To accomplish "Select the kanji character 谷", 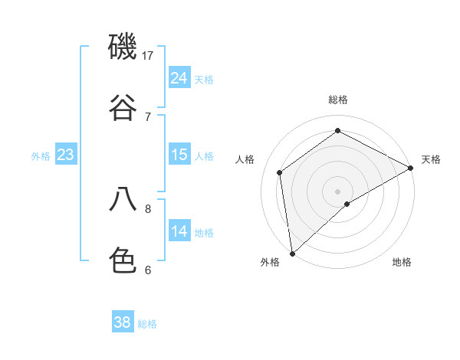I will (x=123, y=108).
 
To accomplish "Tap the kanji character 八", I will (x=123, y=200).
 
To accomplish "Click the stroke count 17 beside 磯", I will (x=148, y=55).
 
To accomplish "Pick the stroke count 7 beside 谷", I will (x=148, y=116).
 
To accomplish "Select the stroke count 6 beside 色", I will (x=148, y=270).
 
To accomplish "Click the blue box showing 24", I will (x=179, y=78).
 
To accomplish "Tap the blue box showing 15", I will (x=179, y=155).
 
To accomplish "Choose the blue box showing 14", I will (x=179, y=231).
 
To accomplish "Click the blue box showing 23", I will (x=66, y=155).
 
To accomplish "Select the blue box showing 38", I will (x=123, y=322).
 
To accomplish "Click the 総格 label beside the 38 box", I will (x=147, y=324).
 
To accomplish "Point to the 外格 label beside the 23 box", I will (x=41, y=156).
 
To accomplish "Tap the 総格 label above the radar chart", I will (x=338, y=100).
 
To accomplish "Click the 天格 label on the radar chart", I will (x=431, y=159).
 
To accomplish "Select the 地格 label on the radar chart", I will (x=402, y=262).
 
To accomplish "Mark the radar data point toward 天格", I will (x=411, y=168).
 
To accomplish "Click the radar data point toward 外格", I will (x=292, y=253).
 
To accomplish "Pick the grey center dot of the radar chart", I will (x=338, y=191).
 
